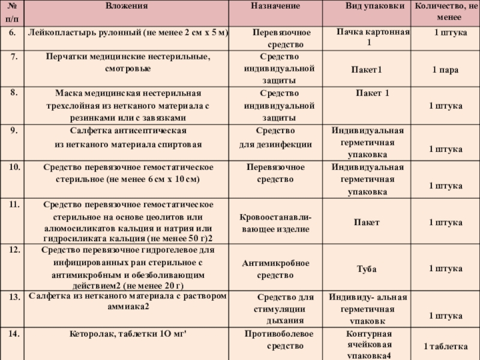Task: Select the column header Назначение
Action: (x=275, y=5)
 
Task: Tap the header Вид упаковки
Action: (x=369, y=5)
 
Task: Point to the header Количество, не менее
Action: (x=445, y=11)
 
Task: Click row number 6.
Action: (x=12, y=31)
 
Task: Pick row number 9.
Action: (x=12, y=130)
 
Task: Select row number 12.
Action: (x=13, y=249)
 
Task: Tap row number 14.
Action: (x=13, y=332)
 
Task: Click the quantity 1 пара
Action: (x=445, y=70)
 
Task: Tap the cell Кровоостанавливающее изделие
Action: (x=276, y=223)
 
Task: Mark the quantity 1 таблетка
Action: (x=445, y=346)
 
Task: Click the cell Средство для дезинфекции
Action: (x=276, y=137)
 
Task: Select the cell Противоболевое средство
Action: (x=276, y=340)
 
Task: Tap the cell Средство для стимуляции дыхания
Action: (x=281, y=308)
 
